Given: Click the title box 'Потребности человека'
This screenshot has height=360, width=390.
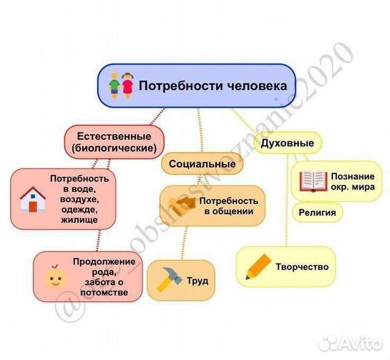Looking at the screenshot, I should click(x=197, y=86).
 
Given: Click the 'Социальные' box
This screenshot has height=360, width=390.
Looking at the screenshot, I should click(x=201, y=164).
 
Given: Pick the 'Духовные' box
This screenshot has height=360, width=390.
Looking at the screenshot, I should click(x=287, y=143).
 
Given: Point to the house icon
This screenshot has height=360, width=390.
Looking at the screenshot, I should click(x=32, y=199).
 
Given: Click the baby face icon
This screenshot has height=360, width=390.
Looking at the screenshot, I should click(x=53, y=277).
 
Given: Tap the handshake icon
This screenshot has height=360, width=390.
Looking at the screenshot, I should click(x=181, y=205).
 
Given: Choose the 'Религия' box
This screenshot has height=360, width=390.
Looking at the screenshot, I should click(x=317, y=213).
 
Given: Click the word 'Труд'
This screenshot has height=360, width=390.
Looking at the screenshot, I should click(x=197, y=281).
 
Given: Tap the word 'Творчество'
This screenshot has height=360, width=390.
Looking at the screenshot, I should click(x=302, y=267).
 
